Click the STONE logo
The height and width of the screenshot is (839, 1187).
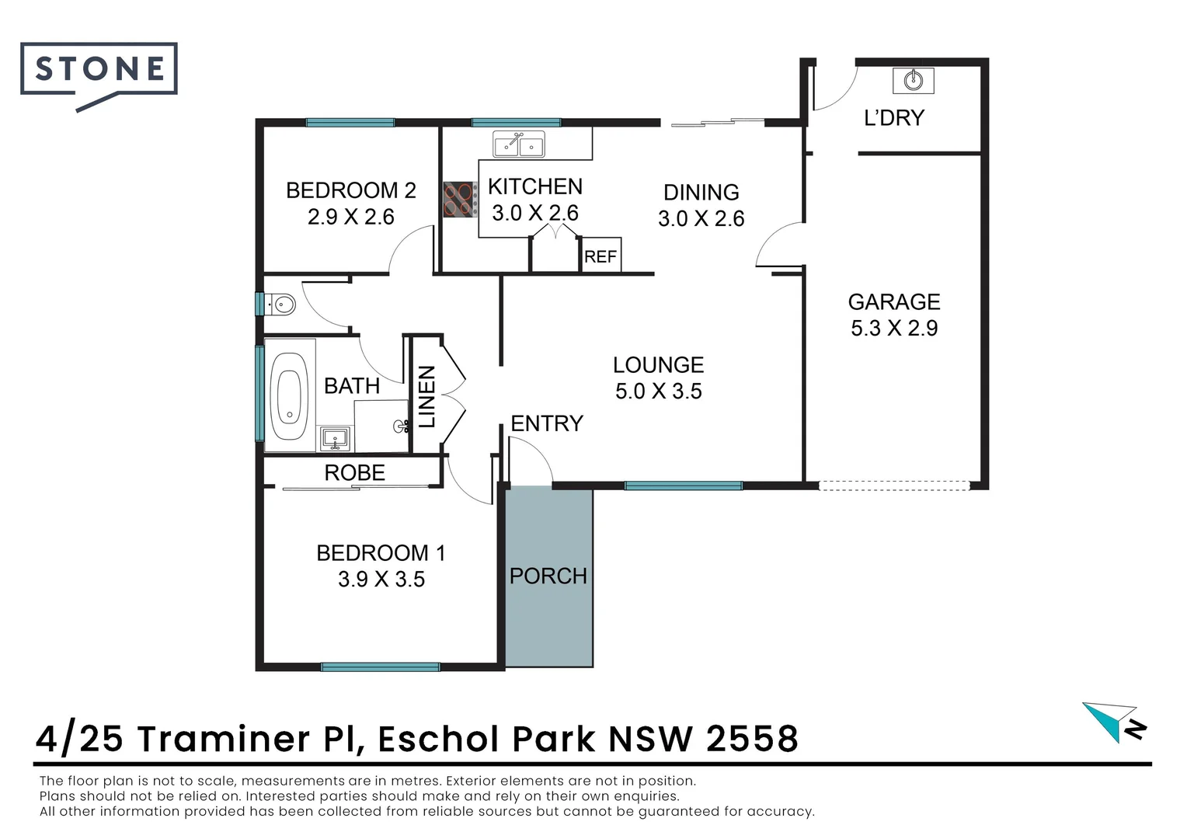coord(99,70)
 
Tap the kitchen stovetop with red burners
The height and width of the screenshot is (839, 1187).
coord(460,199)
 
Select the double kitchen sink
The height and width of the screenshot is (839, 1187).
coord(519,144)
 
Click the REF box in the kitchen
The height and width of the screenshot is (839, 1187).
coord(600,256)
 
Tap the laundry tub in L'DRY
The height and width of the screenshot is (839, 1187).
coord(914,79)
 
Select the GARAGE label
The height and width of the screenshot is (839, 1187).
coord(893,301)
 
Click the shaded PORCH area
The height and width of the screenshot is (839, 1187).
coord(549,576)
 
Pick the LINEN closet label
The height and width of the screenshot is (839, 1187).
coord(426,397)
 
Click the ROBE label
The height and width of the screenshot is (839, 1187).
coord(354,472)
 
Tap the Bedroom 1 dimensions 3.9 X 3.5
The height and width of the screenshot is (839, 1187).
coord(381,580)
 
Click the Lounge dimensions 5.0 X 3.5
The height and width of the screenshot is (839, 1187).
coord(658,392)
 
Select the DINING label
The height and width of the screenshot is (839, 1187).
coord(701,192)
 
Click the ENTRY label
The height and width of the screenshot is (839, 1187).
coord(546,423)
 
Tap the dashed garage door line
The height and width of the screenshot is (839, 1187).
coord(894,486)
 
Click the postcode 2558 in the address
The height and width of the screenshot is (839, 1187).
coord(752,738)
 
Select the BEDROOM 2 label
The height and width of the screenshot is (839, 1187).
coord(350,190)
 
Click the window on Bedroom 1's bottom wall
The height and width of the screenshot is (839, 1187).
coord(380,667)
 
